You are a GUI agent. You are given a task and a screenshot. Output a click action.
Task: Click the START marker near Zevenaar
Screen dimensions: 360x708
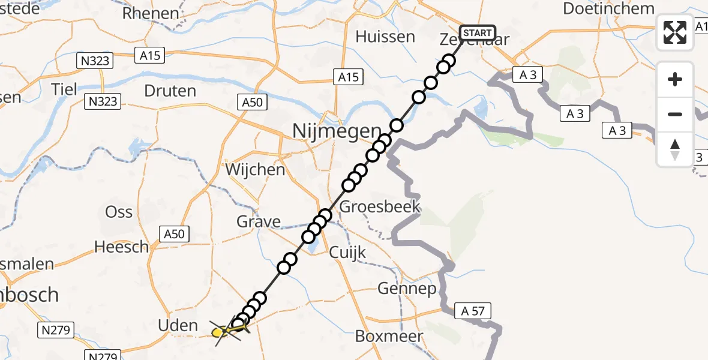(x=478, y=33)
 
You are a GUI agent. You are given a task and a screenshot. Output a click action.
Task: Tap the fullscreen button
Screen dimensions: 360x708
(x=675, y=32)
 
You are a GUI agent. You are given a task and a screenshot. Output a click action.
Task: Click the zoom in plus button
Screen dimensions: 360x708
(x=675, y=79)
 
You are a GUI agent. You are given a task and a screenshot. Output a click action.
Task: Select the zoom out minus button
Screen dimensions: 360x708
(x=675, y=114)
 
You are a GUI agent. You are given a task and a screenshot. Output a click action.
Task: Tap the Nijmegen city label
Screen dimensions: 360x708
(x=336, y=130)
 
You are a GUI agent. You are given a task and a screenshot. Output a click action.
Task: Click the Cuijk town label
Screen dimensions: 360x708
(x=347, y=252)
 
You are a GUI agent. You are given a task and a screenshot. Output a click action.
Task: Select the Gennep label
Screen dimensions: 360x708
(x=407, y=289)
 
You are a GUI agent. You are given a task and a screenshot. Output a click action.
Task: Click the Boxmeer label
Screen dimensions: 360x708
(x=389, y=336)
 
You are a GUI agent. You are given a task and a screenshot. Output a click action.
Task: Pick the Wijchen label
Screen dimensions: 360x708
(x=255, y=170)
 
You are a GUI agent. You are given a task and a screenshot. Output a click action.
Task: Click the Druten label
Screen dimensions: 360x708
(x=170, y=91)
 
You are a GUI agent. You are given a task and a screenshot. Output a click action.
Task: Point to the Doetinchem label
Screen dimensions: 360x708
(x=608, y=9)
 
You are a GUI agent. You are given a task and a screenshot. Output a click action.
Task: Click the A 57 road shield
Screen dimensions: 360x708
(x=473, y=311)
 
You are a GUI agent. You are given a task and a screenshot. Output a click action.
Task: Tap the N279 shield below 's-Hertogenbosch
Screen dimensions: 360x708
(x=56, y=329)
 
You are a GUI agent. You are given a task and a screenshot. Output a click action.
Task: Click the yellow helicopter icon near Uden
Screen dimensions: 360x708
(x=224, y=331)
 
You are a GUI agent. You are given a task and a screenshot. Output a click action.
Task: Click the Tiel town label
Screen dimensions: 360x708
(x=64, y=89)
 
